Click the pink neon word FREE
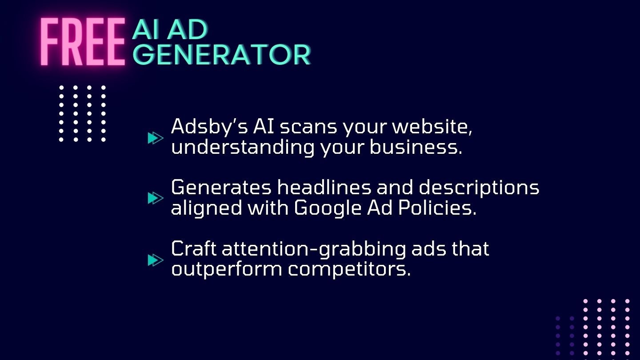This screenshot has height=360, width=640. coord(83,42)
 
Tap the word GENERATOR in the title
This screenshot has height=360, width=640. coord(222,54)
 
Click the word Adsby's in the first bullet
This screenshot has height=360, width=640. coord(209,127)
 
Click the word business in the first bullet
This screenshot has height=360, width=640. coord(416,147)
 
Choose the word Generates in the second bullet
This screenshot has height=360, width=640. coord(221,188)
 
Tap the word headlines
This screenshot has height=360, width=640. coord(324,188)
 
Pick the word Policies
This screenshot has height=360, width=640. coord(437,208)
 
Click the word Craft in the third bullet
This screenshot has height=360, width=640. coord(194,248)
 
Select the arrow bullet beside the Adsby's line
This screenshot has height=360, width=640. coord(156,138)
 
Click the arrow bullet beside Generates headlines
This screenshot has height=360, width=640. coord(156,198)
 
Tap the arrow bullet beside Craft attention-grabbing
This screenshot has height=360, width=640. coord(156,260)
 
